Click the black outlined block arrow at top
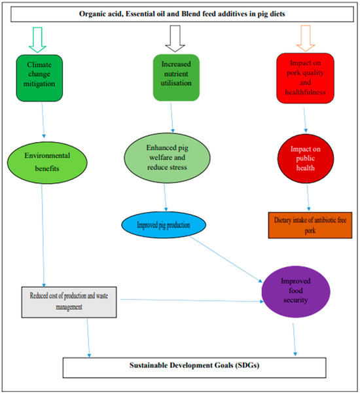(175, 39)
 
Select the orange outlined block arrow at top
(304, 39)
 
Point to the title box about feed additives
(180, 14)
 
